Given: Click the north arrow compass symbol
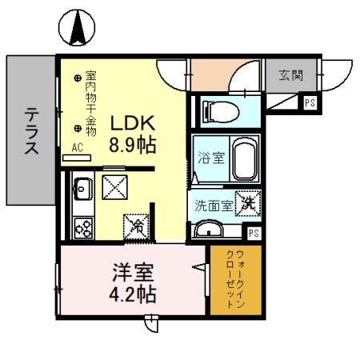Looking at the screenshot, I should coord(78,30).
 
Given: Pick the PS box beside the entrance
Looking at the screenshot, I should coord(310,102).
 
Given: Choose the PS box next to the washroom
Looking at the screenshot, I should coord(253,233).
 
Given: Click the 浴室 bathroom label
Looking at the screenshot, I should coord(210,158).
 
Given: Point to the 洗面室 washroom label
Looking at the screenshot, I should coord(214,205).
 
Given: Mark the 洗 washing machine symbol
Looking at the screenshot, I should coord(249,203).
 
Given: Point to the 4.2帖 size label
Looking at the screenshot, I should coord(132,294).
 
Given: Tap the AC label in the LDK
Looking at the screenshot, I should coord(78,147).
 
